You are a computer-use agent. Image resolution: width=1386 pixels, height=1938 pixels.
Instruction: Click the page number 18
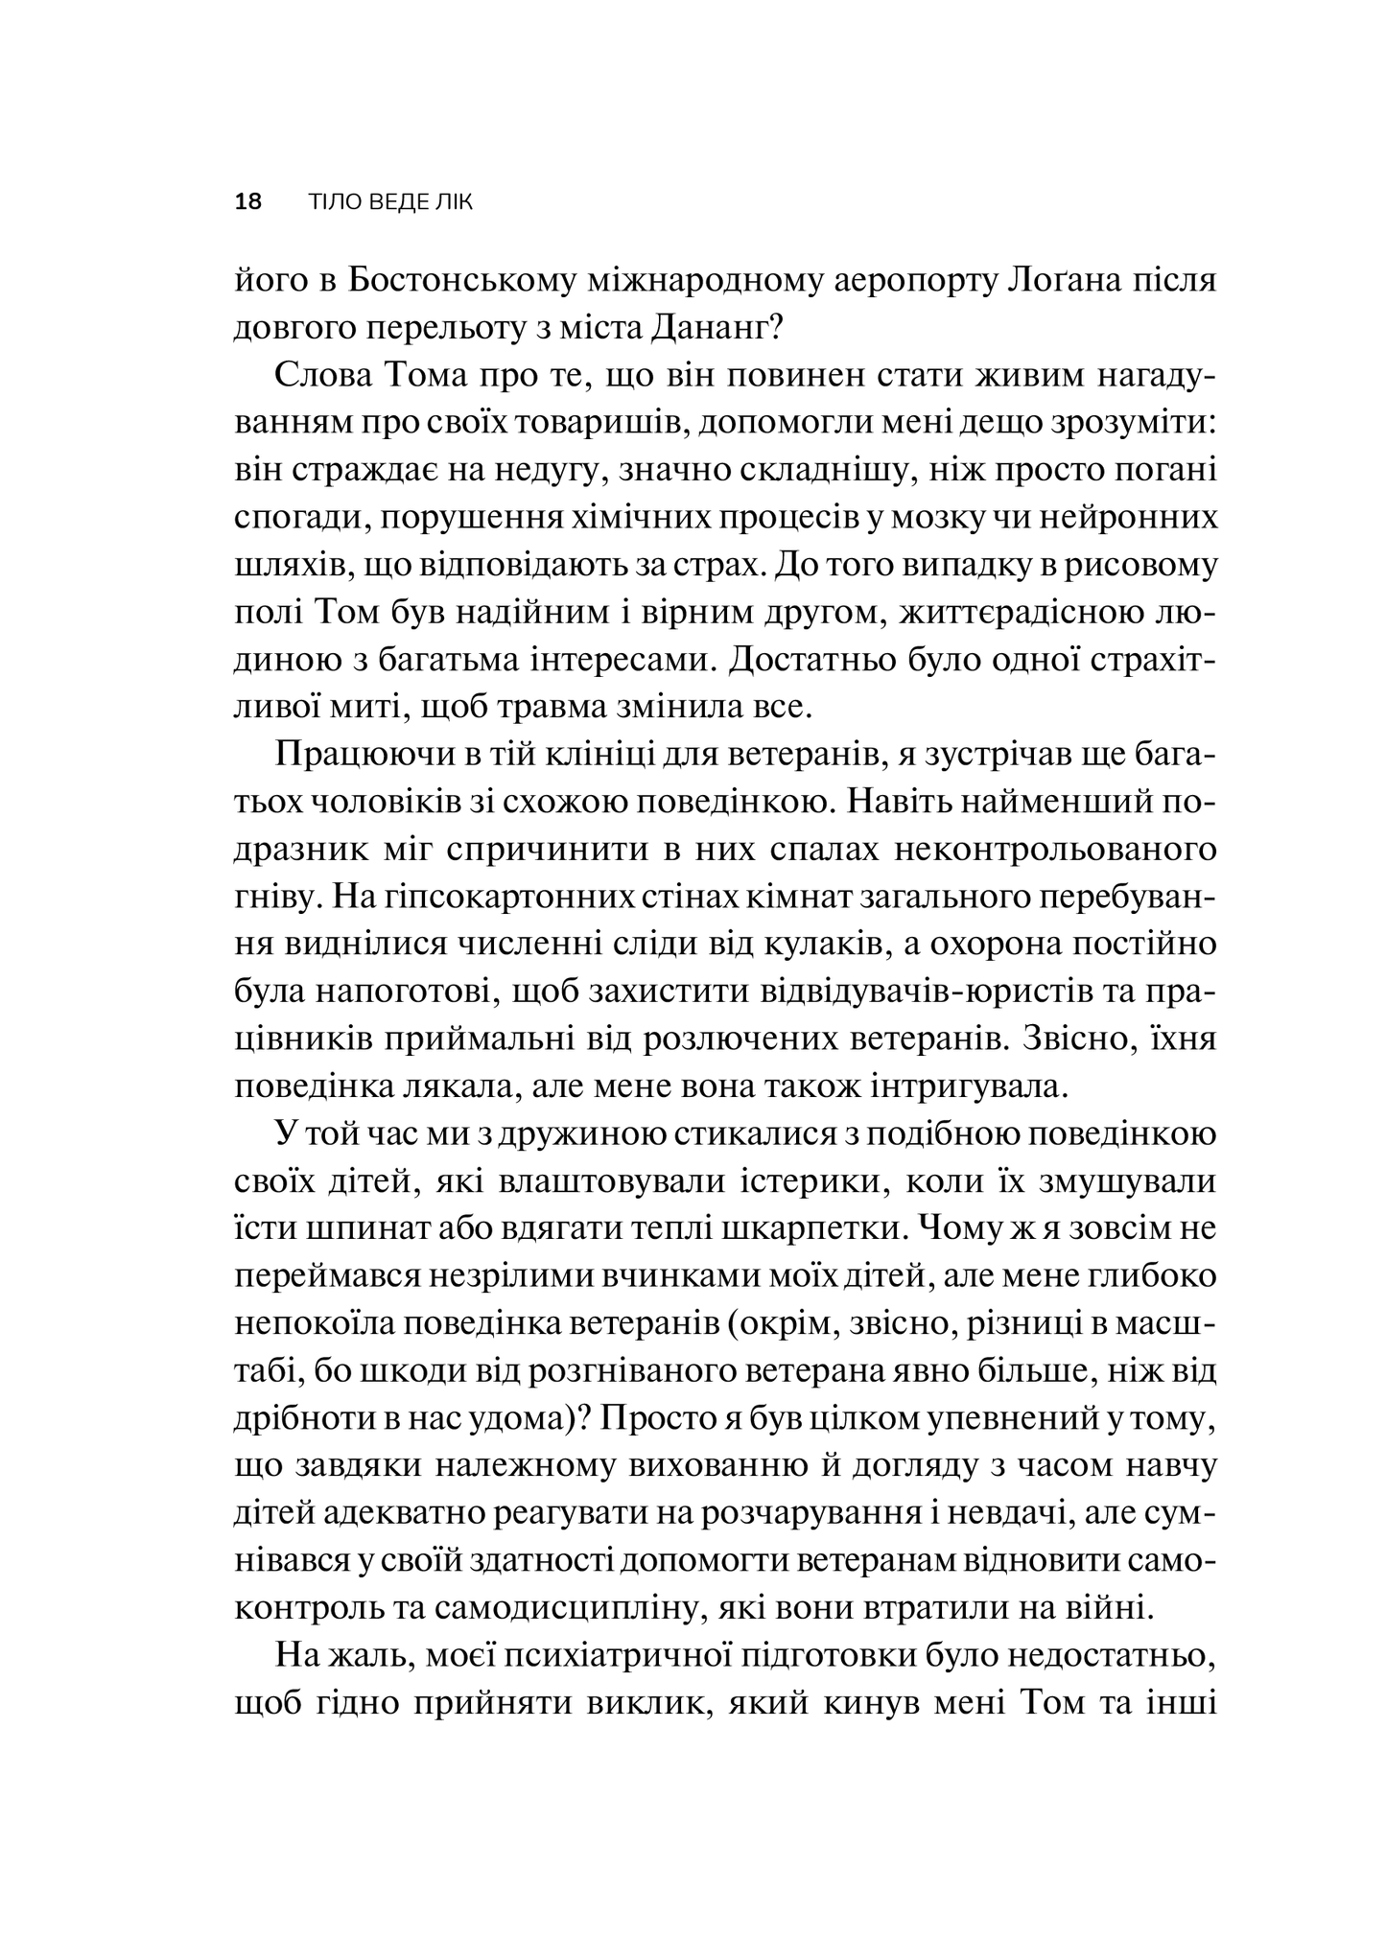247,202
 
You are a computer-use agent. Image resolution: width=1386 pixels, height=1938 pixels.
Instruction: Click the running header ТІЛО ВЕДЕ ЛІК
391,202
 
